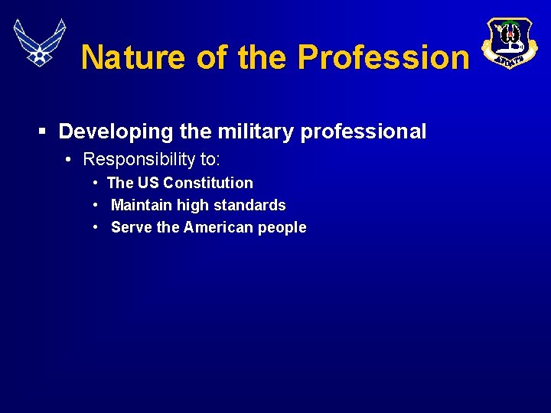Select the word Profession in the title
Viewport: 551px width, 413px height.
[383, 57]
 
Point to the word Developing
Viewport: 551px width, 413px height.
[116, 132]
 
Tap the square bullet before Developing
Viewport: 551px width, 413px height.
[44, 132]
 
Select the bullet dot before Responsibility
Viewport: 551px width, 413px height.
[69, 159]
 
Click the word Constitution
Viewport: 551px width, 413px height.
[207, 183]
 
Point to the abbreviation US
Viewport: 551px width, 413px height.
[148, 183]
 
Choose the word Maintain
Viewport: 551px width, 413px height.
[142, 205]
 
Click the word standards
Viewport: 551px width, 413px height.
[253, 205]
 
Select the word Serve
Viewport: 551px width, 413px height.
[131, 227]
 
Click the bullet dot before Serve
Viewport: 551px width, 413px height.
[95, 227]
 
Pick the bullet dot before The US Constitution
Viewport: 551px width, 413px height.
[95, 183]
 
